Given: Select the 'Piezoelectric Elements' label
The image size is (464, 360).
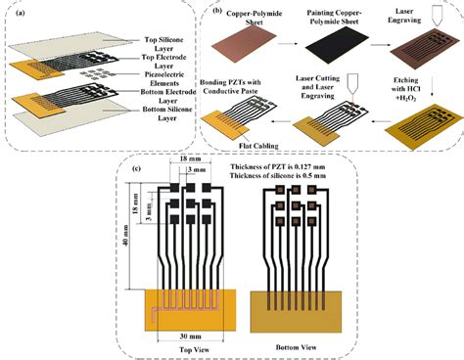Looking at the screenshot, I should point(169,79).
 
